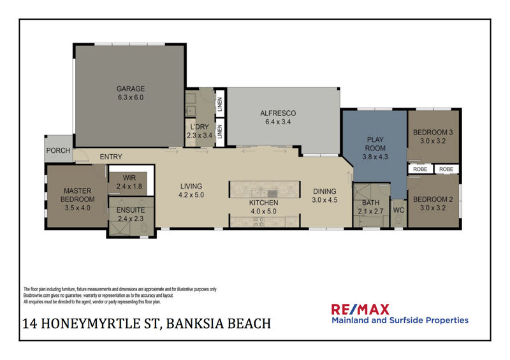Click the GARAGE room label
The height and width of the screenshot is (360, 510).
point(131,89)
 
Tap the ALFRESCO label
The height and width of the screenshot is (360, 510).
point(278,113)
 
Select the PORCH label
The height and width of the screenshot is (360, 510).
point(58,150)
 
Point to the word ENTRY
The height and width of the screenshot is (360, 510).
point(111,157)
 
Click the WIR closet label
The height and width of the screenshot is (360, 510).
point(129,178)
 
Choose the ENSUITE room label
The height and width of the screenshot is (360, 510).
point(131,210)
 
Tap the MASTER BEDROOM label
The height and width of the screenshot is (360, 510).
point(77,195)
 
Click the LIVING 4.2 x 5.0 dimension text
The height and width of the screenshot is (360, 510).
point(191,195)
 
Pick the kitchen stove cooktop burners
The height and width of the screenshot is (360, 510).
point(259,222)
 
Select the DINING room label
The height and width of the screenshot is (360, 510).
point(324,192)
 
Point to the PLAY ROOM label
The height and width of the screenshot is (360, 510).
point(375,144)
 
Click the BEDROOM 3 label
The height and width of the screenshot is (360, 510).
point(433,133)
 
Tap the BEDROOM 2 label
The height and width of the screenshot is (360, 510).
point(433,199)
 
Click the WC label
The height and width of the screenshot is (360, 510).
point(398,210)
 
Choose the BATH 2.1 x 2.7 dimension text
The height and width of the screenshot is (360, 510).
point(370,211)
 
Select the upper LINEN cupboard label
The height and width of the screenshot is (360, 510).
point(220,104)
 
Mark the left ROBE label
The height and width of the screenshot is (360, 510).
point(420,169)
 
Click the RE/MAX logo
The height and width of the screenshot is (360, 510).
point(360,309)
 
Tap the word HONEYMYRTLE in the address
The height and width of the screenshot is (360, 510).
point(100,324)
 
